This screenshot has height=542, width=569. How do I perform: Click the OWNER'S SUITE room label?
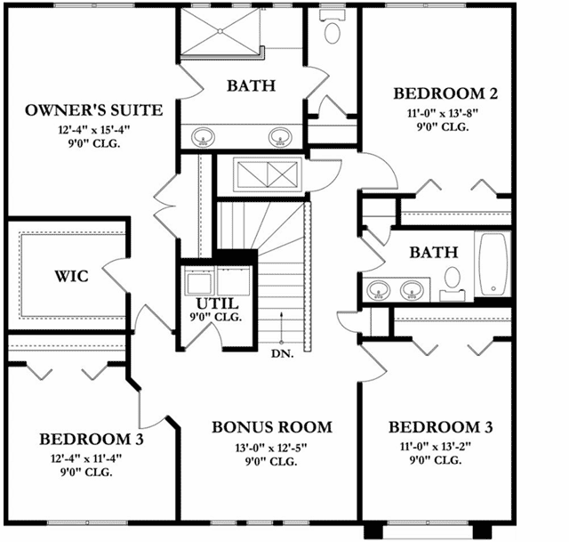(93, 110)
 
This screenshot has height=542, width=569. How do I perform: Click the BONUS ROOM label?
(271, 427)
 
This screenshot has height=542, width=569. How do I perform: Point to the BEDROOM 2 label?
(444, 93)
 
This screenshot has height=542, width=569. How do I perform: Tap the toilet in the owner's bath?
(333, 33)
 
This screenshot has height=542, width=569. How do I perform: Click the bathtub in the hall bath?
(493, 265)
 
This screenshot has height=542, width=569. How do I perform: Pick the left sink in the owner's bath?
(204, 138)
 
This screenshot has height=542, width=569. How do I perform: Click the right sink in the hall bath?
(412, 289)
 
